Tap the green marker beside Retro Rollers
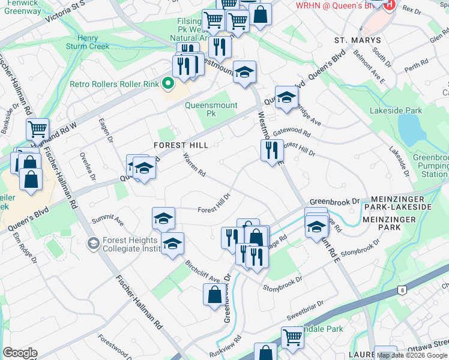(169, 84)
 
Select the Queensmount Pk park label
(208, 109)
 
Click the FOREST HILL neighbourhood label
(181, 145)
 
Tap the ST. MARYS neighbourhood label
(357, 40)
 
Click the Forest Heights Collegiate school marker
(92, 243)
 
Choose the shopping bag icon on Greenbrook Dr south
(215, 295)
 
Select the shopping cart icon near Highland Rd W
(37, 128)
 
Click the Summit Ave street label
(107, 221)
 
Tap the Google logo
(20, 353)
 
